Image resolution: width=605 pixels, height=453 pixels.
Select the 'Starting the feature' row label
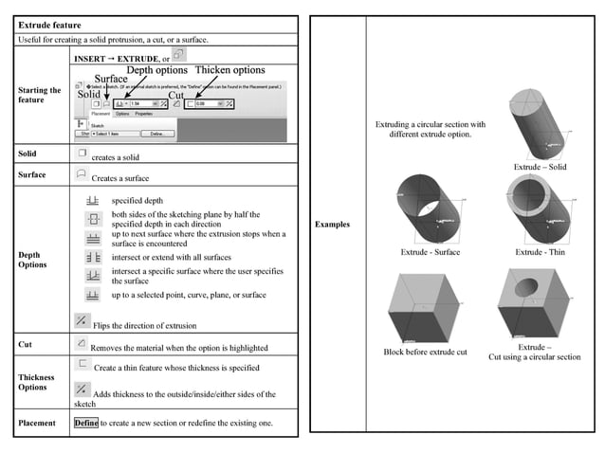40,96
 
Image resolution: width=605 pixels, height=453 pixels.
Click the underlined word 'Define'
86,423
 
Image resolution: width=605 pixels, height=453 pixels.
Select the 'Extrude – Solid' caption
541,167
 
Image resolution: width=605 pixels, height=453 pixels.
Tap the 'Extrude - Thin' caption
541,252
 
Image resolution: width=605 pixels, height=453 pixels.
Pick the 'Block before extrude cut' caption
425,351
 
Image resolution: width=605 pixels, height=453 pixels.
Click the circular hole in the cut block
534,283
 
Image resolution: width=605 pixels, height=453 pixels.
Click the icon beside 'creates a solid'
82,153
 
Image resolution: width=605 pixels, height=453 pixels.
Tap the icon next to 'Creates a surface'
82,174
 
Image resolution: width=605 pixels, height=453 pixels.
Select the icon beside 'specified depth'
93,201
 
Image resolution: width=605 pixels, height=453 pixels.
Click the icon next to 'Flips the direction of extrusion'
82,321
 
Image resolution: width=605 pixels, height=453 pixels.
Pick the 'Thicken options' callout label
229,70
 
